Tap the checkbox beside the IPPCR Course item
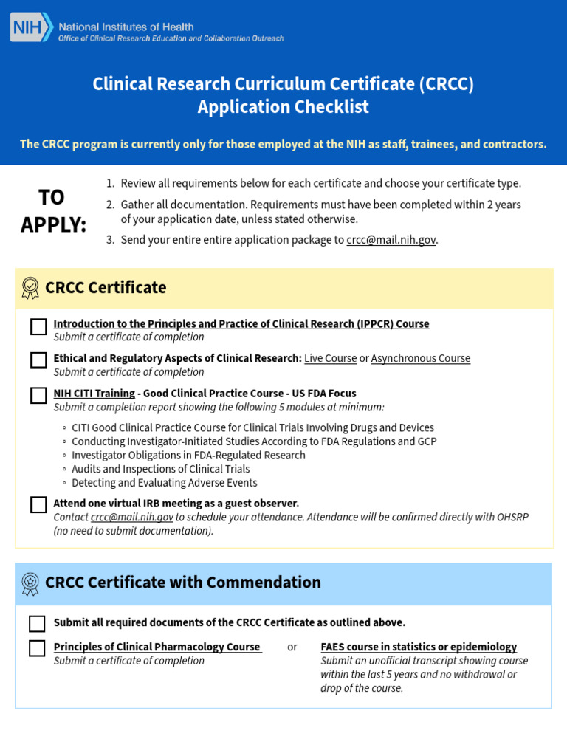tap(38, 327)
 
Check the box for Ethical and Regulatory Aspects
tap(38, 360)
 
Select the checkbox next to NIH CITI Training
tap(38, 396)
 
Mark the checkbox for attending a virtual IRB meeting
tap(38, 505)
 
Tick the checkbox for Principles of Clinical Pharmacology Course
tap(37, 648)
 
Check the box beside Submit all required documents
tap(37, 624)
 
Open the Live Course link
tap(331, 358)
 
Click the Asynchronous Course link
tap(420, 358)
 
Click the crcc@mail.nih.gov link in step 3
tap(391, 240)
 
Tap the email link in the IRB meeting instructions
tap(132, 517)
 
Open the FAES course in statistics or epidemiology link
tap(419, 647)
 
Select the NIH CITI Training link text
tap(94, 394)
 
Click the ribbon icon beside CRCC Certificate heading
tap(30, 288)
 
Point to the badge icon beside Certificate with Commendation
tap(30, 583)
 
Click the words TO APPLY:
tap(52, 211)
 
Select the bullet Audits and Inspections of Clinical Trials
tap(160, 469)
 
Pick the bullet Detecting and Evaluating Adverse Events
tap(164, 483)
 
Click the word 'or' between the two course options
tap(292, 647)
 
